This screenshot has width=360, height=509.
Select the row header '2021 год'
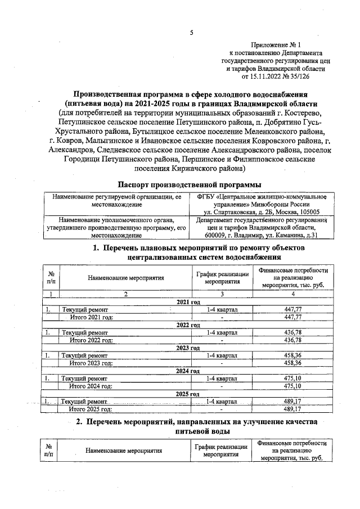tap(189, 302)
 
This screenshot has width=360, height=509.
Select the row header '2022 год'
tap(189, 325)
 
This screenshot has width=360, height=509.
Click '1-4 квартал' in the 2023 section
tap(222, 355)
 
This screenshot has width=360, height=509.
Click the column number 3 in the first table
tap(222, 294)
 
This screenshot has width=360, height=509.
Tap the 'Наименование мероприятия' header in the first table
tap(125, 277)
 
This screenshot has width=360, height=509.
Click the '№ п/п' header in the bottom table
tap(50, 451)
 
